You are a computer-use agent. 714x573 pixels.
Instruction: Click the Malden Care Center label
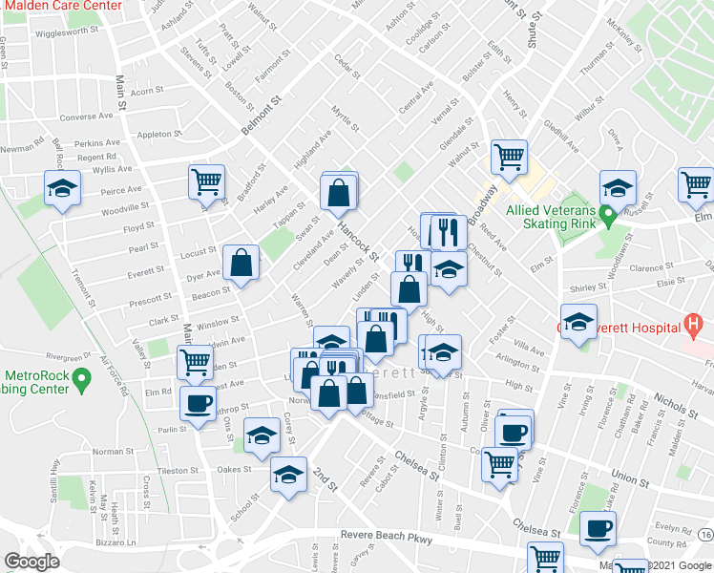click(63, 6)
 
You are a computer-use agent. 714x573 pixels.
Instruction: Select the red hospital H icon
click(694, 327)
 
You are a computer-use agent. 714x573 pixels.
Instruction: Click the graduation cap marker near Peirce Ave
click(62, 187)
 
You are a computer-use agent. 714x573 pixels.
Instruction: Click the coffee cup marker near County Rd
click(598, 528)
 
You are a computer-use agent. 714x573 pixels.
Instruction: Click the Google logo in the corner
click(31, 562)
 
